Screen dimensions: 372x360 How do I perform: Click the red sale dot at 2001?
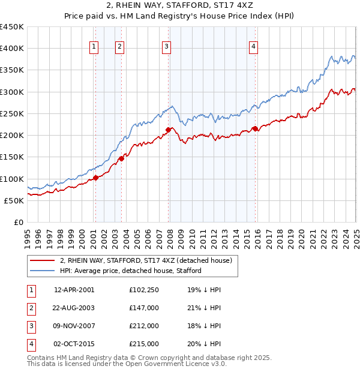95,178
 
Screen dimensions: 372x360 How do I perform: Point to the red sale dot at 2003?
121,158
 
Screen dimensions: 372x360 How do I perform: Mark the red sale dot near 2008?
169,129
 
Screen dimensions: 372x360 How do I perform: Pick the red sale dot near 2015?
255,128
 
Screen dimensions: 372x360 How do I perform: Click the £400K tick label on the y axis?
11,49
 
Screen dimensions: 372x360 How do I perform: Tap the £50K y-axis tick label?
14,201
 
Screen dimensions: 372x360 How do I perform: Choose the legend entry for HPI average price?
130,271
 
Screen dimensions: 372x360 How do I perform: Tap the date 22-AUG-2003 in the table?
74,308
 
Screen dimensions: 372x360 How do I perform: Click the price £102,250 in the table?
144,290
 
